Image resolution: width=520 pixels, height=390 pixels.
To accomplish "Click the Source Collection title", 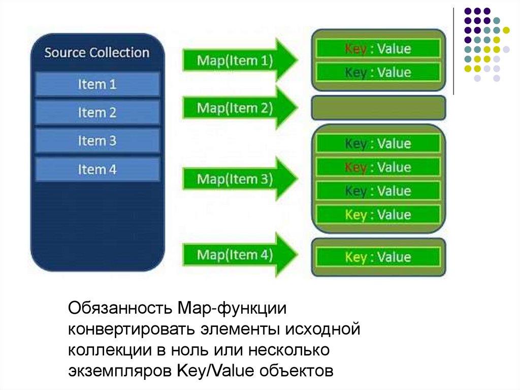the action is pyautogui.click(x=97, y=52).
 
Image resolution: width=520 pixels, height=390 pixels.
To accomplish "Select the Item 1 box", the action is pyautogui.click(x=97, y=84).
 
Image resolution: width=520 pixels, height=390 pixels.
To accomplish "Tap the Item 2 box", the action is pyautogui.click(x=97, y=112).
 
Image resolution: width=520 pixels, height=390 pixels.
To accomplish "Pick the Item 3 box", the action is pyautogui.click(x=97, y=141).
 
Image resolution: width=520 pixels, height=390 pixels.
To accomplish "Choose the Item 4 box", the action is pyautogui.click(x=97, y=169).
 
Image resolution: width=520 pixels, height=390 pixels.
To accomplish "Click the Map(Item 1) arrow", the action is pyautogui.click(x=240, y=60).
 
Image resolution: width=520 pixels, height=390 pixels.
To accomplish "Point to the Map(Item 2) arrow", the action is pyautogui.click(x=240, y=108).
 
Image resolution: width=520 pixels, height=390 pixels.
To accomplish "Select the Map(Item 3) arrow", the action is pyautogui.click(x=240, y=178).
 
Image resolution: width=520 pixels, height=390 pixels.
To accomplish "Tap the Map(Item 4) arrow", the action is pyautogui.click(x=240, y=254).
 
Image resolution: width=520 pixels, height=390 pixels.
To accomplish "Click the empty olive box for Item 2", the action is pyautogui.click(x=378, y=108).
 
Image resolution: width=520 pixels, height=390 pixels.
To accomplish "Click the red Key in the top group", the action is pyautogui.click(x=355, y=49).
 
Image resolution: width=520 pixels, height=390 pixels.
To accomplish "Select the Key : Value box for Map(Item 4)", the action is pyautogui.click(x=378, y=257).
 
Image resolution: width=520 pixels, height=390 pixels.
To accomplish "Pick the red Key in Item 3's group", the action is pyautogui.click(x=355, y=167).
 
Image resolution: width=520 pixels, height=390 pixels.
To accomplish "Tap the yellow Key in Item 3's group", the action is pyautogui.click(x=355, y=215).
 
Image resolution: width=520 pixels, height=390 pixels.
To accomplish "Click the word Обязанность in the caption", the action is pyautogui.click(x=120, y=308).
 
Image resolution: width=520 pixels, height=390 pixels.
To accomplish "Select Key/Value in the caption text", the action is pyautogui.click(x=215, y=370).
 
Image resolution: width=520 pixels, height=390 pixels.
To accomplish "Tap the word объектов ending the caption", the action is pyautogui.click(x=297, y=371).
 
